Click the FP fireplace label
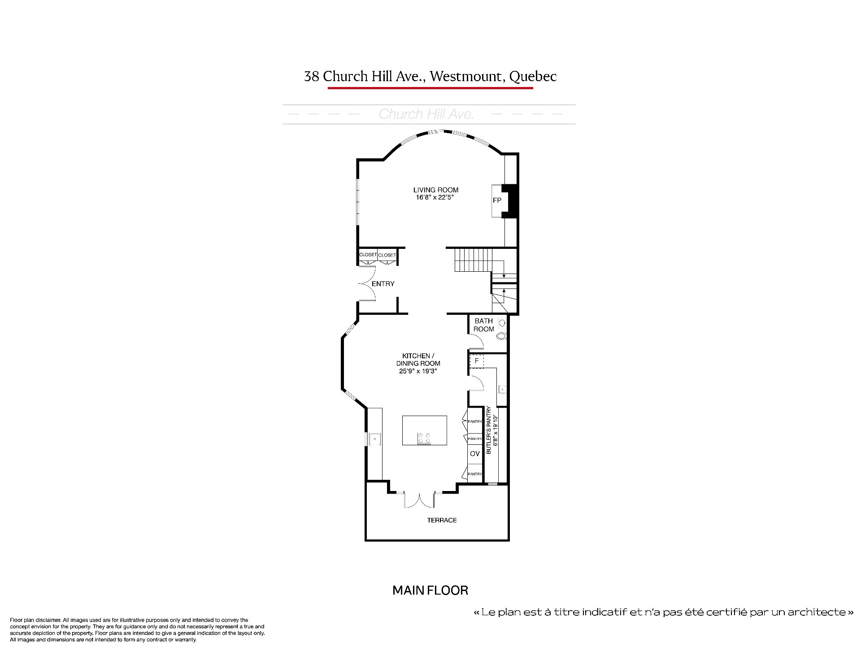(497, 200)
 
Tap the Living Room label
(436, 190)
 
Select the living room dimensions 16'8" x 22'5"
(436, 197)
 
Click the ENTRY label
(383, 283)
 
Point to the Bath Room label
(484, 325)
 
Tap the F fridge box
(477, 361)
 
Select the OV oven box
(475, 453)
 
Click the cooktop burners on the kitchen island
(424, 438)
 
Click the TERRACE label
(442, 520)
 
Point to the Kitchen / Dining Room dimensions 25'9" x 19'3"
(418, 371)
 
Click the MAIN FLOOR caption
(430, 590)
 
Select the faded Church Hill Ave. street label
(426, 114)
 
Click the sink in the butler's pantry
(503, 389)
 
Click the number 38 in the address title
(312, 77)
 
